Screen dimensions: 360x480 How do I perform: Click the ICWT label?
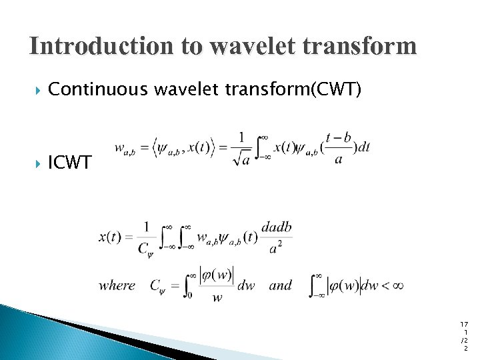tap(70, 163)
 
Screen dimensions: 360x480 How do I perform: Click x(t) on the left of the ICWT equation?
tap(110, 237)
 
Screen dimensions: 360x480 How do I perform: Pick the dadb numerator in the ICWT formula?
tap(276, 228)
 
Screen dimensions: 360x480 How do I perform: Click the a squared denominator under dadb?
tap(276, 248)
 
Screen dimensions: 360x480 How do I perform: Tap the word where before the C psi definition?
tap(117, 286)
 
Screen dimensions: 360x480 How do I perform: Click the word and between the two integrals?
tap(281, 286)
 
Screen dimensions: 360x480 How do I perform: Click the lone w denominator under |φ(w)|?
tap(217, 298)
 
